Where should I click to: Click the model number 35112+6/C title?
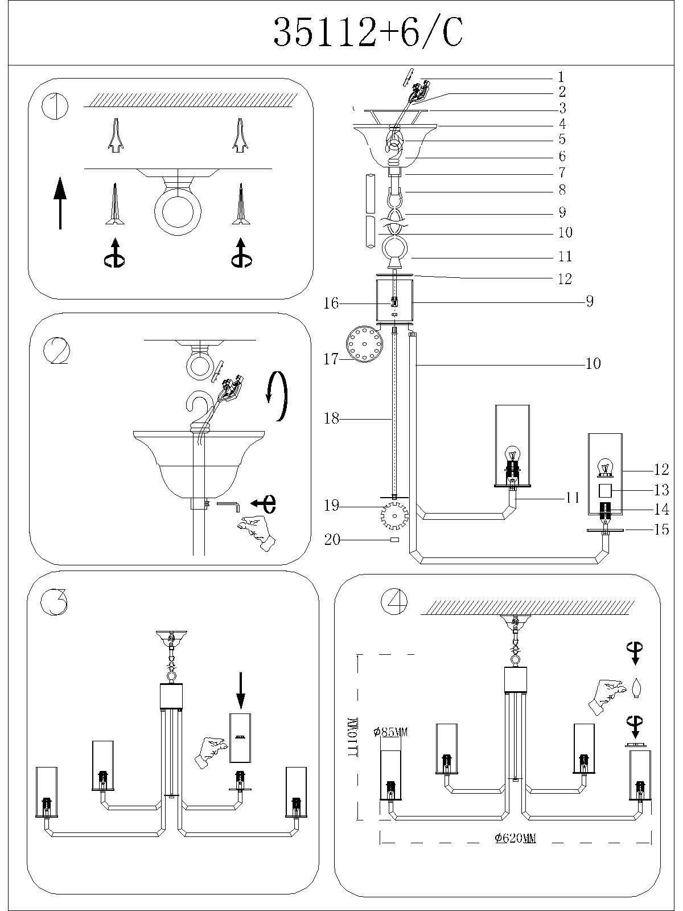pos(368,32)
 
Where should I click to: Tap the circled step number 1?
pos(55,106)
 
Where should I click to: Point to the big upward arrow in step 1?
pos(60,202)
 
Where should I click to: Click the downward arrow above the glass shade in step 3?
pos(240,690)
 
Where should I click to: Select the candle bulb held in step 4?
pos(637,688)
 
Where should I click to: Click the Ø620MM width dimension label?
pos(515,838)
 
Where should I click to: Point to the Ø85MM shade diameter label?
pos(391,732)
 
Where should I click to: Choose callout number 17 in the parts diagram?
pos(331,359)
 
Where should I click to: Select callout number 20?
pos(332,539)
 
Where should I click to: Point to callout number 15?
pos(661,530)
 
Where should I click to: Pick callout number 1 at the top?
pos(561,77)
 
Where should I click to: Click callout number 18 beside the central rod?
pos(331,419)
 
